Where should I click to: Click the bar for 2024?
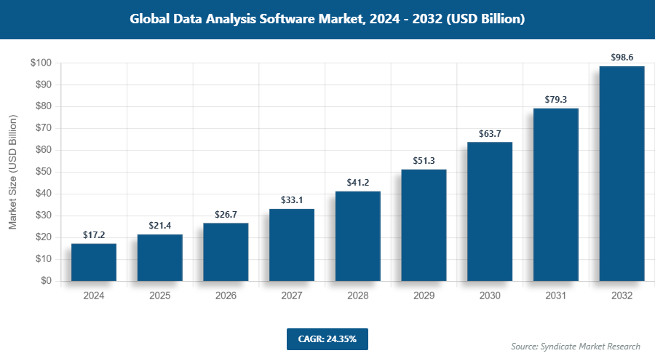tap(94, 262)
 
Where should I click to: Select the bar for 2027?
tap(292, 245)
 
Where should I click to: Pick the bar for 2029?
tap(424, 225)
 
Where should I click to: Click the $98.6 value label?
tap(622, 56)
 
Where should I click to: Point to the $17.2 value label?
tap(94, 234)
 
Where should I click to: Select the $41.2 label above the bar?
tap(358, 182)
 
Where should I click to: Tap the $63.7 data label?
tap(490, 133)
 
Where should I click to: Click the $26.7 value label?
tap(226, 214)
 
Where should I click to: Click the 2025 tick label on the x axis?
tap(160, 296)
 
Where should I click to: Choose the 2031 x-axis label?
tap(556, 296)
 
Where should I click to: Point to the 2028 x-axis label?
tap(358, 296)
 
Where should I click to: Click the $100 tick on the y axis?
tap(40, 63)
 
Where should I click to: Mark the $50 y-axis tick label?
tap(42, 172)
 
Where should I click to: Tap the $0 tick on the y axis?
tap(46, 281)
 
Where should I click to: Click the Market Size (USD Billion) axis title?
tap(12, 172)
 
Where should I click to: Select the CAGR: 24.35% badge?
tap(327, 339)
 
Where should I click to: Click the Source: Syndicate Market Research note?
tap(575, 346)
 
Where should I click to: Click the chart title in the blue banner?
tap(327, 20)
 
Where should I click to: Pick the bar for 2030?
tap(490, 211)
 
